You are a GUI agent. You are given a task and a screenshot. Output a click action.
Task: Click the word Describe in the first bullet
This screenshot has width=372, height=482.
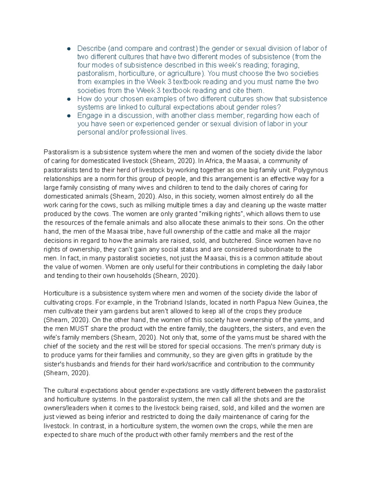click(x=91, y=48)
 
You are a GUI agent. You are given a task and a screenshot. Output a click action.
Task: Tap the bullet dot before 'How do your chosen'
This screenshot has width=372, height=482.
click(x=69, y=99)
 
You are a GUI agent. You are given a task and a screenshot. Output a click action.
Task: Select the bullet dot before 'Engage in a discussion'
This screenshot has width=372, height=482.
click(x=69, y=116)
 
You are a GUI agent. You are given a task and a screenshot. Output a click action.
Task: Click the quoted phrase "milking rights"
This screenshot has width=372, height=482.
click(x=221, y=214)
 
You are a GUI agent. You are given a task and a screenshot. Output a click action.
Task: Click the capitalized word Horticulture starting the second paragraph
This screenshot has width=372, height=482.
click(x=61, y=293)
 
